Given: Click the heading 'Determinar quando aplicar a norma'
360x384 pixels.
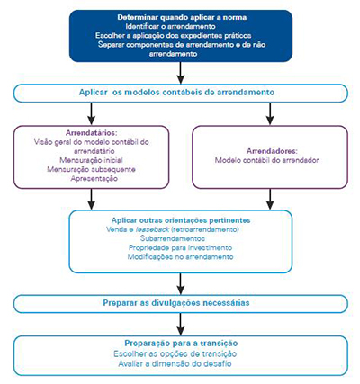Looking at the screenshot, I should click(180, 18).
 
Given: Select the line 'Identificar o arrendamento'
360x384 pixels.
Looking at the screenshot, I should click(180, 27).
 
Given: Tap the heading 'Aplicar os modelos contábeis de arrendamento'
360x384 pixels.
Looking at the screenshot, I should click(180, 94).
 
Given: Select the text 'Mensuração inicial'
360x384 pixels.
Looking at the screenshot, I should click(90, 159).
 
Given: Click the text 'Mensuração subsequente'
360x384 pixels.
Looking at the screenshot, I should click(90, 169).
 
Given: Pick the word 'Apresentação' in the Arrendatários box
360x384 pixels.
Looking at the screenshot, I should click(90, 178).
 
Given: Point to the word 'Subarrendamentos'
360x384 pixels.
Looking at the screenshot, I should click(180, 239).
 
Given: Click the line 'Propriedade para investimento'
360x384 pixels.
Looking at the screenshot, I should click(180, 249).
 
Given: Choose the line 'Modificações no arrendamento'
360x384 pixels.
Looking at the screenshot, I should click(180, 258).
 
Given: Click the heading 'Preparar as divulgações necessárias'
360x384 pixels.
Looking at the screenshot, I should click(180, 304).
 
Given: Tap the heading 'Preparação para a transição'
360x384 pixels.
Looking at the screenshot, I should click(180, 344).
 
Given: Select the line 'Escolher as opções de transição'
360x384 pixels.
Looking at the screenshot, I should click(180, 353).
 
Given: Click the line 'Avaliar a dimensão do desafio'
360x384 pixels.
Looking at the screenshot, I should click(180, 363).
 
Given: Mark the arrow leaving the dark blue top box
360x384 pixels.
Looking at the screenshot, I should click(180, 72).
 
